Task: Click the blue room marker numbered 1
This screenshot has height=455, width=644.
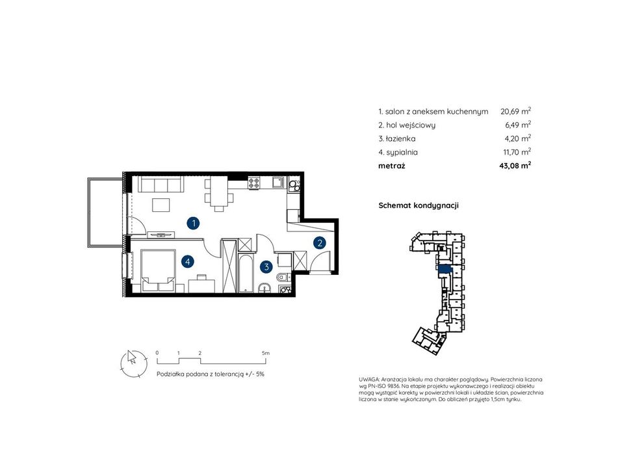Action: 193,224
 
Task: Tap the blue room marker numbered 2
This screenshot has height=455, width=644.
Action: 320,242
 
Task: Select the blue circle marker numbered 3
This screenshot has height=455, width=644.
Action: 266,267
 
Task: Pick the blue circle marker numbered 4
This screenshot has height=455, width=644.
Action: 188,261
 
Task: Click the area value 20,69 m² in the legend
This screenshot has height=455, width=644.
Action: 515,111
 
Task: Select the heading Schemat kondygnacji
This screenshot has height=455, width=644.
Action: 418,205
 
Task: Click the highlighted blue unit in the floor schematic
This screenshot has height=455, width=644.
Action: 444,269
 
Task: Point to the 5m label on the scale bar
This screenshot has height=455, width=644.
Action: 265,353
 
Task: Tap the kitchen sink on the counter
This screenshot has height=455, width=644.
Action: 279,182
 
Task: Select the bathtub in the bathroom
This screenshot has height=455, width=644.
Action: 246,274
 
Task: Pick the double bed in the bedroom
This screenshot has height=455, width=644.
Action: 158,270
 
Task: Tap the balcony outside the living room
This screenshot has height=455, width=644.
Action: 105,213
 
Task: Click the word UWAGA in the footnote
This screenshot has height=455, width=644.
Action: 368,380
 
